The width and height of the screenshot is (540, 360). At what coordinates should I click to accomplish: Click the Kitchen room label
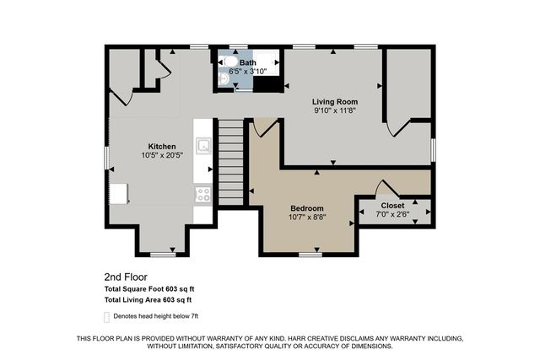click(162, 147)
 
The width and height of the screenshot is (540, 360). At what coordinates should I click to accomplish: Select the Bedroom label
click(307, 207)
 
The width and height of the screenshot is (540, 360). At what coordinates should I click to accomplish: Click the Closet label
click(392, 205)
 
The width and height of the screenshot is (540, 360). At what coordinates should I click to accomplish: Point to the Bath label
click(247, 62)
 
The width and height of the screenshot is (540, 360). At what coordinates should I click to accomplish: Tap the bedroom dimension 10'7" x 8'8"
click(307, 217)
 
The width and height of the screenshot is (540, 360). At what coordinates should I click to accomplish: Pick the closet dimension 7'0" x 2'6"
click(392, 214)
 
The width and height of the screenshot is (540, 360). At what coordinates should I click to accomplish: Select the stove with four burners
click(203, 194)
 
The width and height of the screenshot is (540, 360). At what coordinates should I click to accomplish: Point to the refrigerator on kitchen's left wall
click(117, 194)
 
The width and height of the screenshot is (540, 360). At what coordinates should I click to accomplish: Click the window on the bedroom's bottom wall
click(310, 253)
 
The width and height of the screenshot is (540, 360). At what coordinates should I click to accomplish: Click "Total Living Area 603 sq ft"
click(148, 299)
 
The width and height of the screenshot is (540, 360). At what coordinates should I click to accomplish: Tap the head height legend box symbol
click(106, 318)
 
